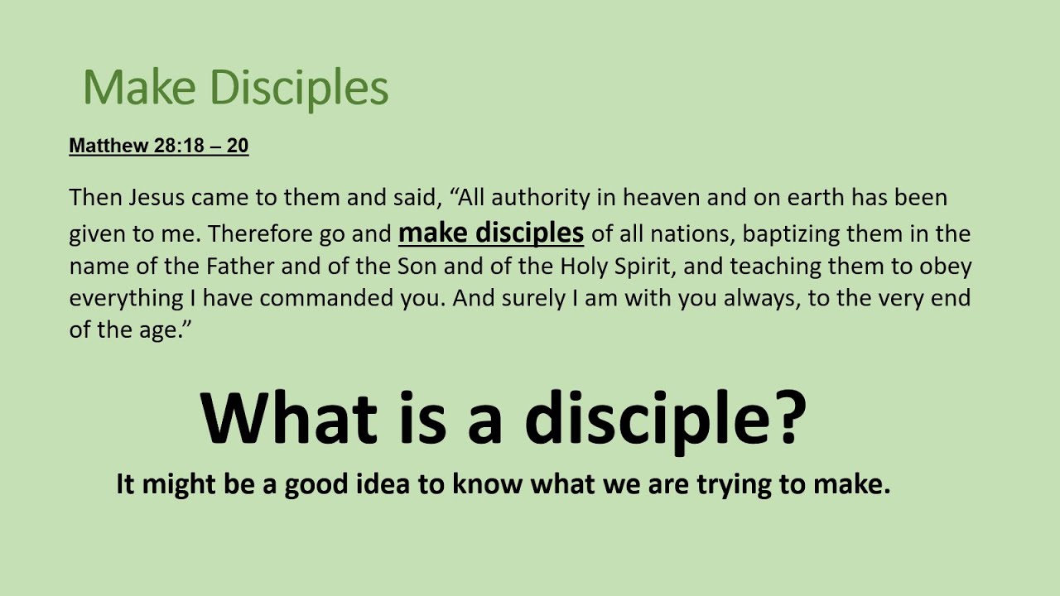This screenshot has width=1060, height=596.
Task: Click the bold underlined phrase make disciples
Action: tap(491, 233)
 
